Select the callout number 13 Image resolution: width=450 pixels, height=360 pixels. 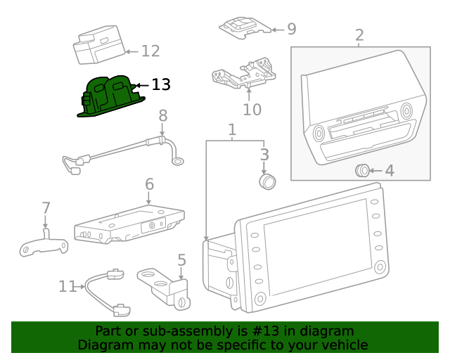pyautogui.click(x=161, y=85)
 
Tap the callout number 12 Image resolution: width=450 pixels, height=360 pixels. pyautogui.click(x=150, y=51)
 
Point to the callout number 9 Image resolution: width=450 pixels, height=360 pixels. pyautogui.click(x=291, y=29)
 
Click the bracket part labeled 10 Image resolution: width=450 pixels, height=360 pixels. pyautogui.click(x=243, y=75)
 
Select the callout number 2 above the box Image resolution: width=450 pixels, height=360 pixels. pyautogui.click(x=359, y=35)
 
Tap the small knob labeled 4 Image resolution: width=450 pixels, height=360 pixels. pyautogui.click(x=361, y=169)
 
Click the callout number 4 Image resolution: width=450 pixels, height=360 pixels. pyautogui.click(x=389, y=170)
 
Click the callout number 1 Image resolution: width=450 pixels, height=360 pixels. pyautogui.click(x=232, y=130)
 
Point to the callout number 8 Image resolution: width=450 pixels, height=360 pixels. pyautogui.click(x=162, y=115)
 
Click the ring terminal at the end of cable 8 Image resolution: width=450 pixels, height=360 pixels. pyautogui.click(x=179, y=162)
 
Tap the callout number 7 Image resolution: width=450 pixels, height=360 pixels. pyautogui.click(x=46, y=208)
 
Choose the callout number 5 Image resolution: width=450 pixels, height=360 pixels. pyautogui.click(x=181, y=260)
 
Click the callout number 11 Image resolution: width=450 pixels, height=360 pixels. pyautogui.click(x=67, y=286)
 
